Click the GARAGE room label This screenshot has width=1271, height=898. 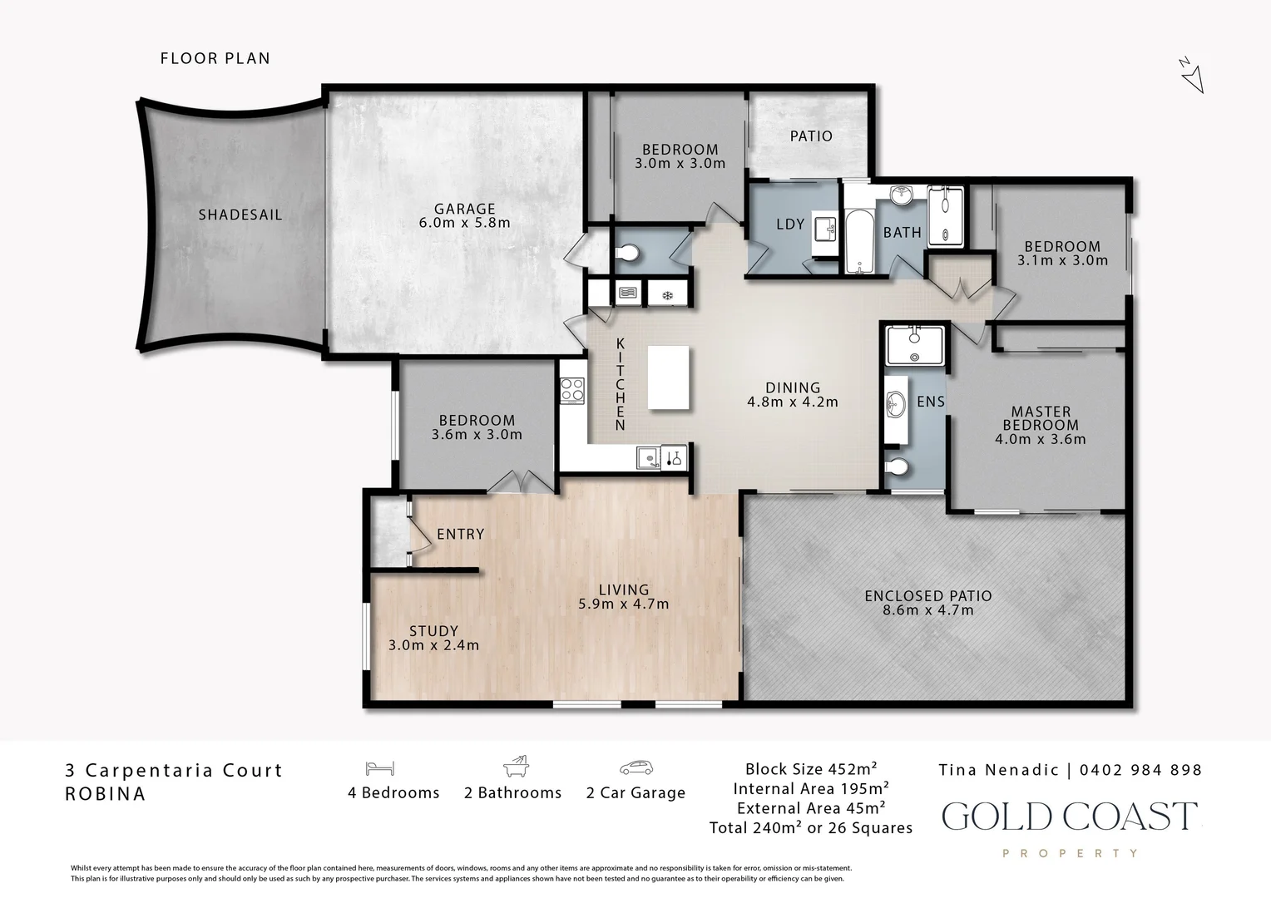(x=464, y=210)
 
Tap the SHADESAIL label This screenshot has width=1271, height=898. (x=240, y=215)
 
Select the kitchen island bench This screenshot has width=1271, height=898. (x=669, y=378)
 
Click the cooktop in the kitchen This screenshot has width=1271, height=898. (x=572, y=390)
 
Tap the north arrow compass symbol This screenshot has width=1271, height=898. (x=1192, y=75)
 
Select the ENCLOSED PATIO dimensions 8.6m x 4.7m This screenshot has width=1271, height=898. (x=928, y=610)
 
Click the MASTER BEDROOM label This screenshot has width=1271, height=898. (x=1041, y=418)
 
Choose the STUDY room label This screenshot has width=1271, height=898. (x=433, y=631)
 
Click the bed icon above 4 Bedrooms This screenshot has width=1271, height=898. (x=379, y=768)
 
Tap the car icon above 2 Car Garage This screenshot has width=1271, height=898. (x=635, y=767)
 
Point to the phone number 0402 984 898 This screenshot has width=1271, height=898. (x=1140, y=770)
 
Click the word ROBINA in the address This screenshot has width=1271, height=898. (x=105, y=793)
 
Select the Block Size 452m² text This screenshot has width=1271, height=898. (x=811, y=769)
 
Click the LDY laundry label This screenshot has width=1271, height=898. (x=790, y=224)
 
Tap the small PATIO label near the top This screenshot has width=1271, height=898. (x=811, y=136)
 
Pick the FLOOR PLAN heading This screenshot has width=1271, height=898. (x=215, y=58)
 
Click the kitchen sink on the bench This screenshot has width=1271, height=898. (x=646, y=457)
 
